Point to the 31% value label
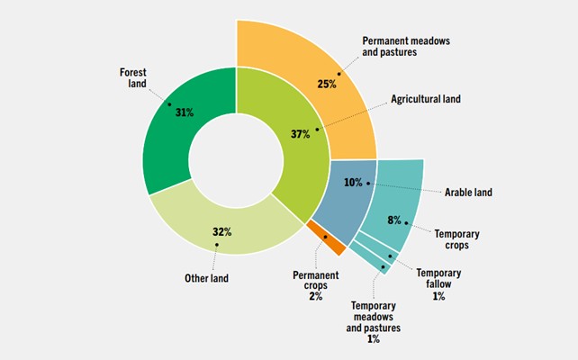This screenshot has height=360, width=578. (x=185, y=112)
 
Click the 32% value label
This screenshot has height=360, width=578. (x=221, y=231)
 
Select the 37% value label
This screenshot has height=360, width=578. (x=300, y=134)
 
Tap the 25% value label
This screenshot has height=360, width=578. (x=326, y=84)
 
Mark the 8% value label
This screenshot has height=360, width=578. (x=394, y=218)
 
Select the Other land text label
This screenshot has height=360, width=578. (x=206, y=278)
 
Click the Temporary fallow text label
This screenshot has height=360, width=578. (x=438, y=279)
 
